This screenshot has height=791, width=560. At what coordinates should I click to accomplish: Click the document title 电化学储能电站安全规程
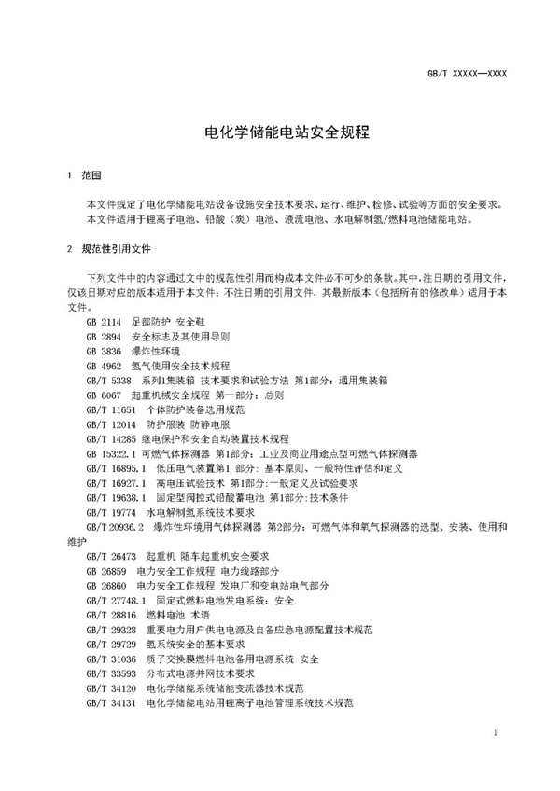tap(280, 132)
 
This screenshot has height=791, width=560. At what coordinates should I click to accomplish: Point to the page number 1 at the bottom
tap(495, 736)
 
